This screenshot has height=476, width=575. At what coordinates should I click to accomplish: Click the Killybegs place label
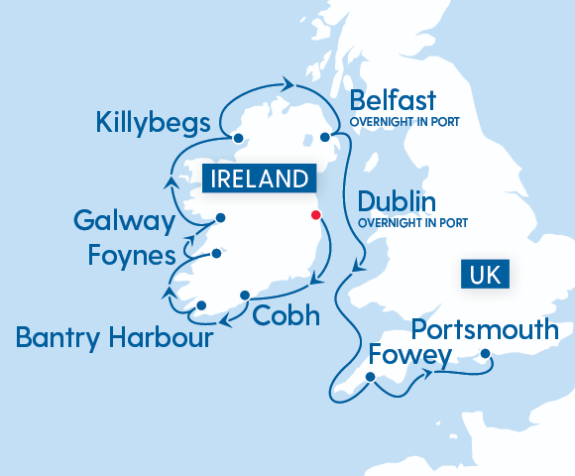tap(153, 124)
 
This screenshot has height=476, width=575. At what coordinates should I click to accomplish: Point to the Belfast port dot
tap(324, 139)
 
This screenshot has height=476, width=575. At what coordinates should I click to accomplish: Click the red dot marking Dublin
tap(316, 214)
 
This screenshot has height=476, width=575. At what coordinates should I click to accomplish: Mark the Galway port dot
tap(220, 218)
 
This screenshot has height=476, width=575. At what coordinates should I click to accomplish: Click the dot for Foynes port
tap(213, 255)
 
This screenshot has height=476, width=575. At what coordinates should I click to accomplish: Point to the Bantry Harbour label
tap(114, 339)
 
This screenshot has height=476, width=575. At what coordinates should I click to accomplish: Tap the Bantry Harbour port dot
tap(201, 305)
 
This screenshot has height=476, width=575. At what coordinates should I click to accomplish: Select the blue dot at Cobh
tap(245, 295)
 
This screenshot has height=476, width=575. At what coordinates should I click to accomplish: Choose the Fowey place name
tap(409, 355)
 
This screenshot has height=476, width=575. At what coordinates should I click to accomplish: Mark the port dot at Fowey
tap(370, 377)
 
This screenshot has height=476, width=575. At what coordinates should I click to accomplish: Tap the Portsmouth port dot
tap(485, 354)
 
